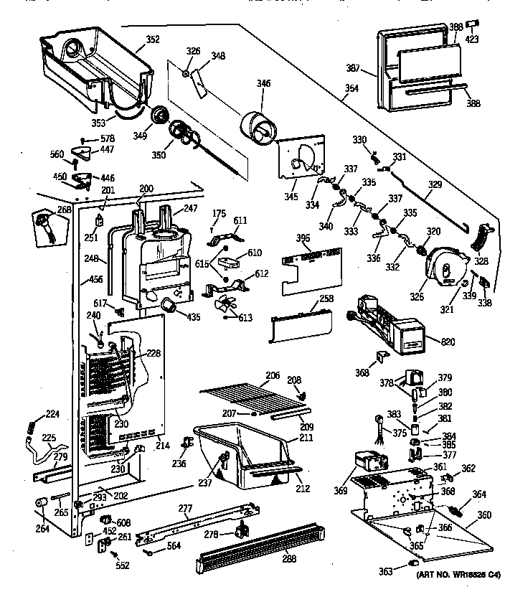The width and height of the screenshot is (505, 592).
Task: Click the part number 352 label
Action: click(x=154, y=39)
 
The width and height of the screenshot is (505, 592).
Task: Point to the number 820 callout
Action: click(x=448, y=342)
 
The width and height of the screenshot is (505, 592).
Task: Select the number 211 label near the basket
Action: click(x=306, y=438)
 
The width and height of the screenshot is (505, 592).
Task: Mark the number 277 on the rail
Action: click(x=186, y=509)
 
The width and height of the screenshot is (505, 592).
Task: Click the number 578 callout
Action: click(x=107, y=138)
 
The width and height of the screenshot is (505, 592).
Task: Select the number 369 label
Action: click(x=340, y=491)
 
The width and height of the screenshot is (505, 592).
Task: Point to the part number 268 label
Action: click(x=44, y=210)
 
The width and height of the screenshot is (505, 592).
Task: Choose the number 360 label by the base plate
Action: click(x=484, y=515)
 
